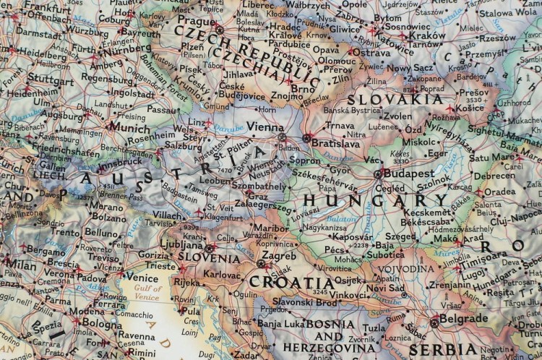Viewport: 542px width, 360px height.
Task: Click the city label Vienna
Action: tap(264, 127)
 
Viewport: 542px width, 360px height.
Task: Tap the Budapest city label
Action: tap(408, 173)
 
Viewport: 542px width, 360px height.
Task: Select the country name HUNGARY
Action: tap(364, 200)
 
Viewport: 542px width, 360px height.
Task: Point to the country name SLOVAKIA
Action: tap(395, 99)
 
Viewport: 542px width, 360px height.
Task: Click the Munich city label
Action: tap(128, 127)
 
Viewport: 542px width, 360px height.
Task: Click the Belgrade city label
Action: tap(464, 318)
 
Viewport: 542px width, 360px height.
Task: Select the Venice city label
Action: tap(142, 276)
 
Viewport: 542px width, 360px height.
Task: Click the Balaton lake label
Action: tap(341, 218)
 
